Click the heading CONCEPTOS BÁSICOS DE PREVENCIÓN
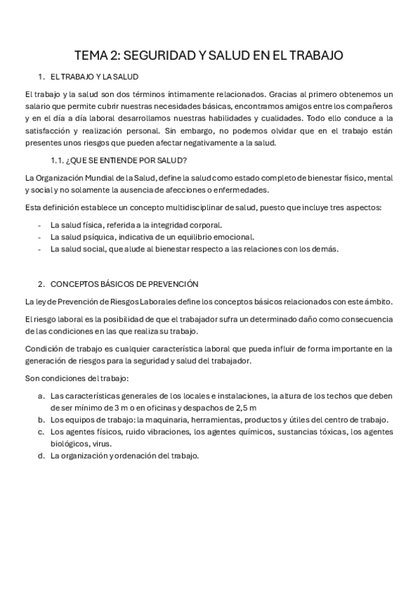124,283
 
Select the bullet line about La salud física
136,224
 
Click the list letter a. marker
42,395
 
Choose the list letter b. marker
42,420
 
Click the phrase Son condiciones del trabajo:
77,378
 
